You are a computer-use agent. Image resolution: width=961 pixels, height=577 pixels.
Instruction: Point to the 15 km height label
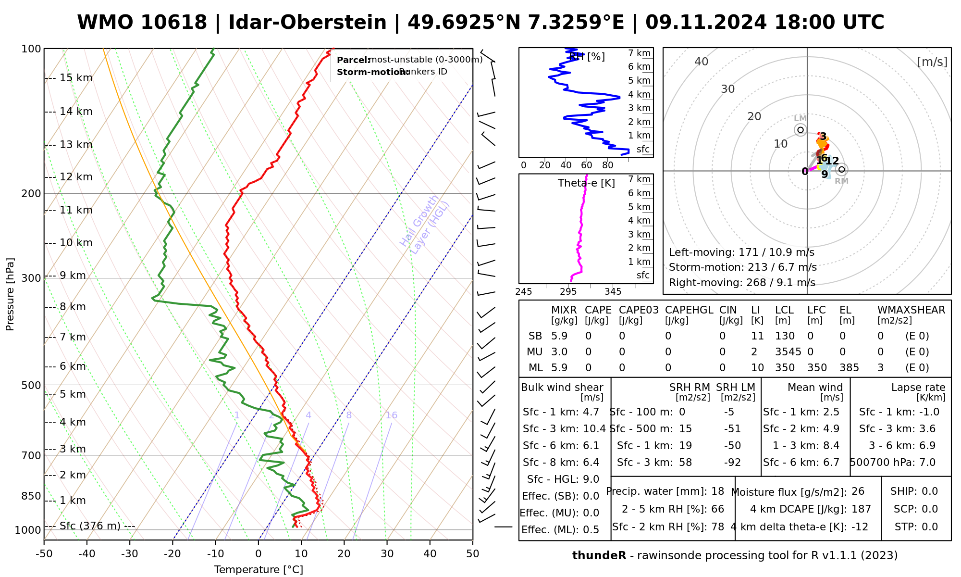pyautogui.click(x=76, y=78)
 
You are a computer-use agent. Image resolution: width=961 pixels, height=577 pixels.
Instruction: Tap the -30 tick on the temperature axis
pyautogui.click(x=130, y=554)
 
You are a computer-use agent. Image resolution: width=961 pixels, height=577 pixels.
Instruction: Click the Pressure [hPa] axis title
pyautogui.click(x=10, y=294)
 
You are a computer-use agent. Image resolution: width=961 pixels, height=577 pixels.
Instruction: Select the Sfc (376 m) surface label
pyautogui.click(x=90, y=526)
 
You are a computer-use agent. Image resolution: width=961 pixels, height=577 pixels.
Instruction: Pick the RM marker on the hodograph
pyautogui.click(x=841, y=170)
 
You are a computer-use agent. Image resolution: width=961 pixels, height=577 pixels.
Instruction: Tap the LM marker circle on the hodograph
pyautogui.click(x=801, y=130)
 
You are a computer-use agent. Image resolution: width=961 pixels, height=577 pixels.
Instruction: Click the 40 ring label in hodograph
pyautogui.click(x=702, y=62)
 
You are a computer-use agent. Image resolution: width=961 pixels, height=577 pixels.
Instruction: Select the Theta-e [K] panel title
pyautogui.click(x=586, y=183)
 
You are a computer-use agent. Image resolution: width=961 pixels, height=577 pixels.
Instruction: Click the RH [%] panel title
pyautogui.click(x=587, y=57)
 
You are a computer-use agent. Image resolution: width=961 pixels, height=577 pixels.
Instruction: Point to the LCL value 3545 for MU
pyautogui.click(x=788, y=352)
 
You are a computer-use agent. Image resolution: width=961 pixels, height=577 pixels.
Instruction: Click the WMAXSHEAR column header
pyautogui.click(x=911, y=310)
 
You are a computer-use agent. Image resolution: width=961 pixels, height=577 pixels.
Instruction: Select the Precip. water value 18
pyautogui.click(x=717, y=491)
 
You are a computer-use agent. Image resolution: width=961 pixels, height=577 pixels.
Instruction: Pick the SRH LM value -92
pyautogui.click(x=732, y=463)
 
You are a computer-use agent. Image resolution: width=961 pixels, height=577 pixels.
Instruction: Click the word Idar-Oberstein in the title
pyautogui.click(x=308, y=23)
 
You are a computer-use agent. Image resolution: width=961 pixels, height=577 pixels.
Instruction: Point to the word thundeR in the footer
pyautogui.click(x=599, y=556)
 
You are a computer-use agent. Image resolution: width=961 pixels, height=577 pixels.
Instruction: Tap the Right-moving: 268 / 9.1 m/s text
pyautogui.click(x=742, y=283)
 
